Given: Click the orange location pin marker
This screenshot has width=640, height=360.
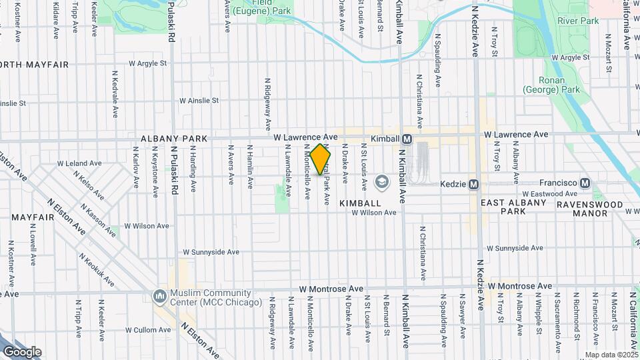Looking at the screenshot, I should [321, 159].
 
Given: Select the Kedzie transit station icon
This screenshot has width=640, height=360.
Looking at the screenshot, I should [474, 183].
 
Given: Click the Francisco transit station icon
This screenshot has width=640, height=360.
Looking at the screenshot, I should [585, 183].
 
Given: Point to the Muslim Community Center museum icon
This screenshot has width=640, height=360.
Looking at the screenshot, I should [159, 295].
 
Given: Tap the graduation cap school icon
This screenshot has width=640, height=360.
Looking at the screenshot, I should [381, 181].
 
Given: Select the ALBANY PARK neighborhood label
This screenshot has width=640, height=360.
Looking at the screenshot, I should [174, 139].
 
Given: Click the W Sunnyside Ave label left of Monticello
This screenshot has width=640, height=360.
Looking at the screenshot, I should [211, 252].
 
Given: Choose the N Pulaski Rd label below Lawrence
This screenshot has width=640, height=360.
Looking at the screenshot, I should [174, 170].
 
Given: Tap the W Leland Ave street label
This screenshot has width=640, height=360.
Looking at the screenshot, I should [79, 163].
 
